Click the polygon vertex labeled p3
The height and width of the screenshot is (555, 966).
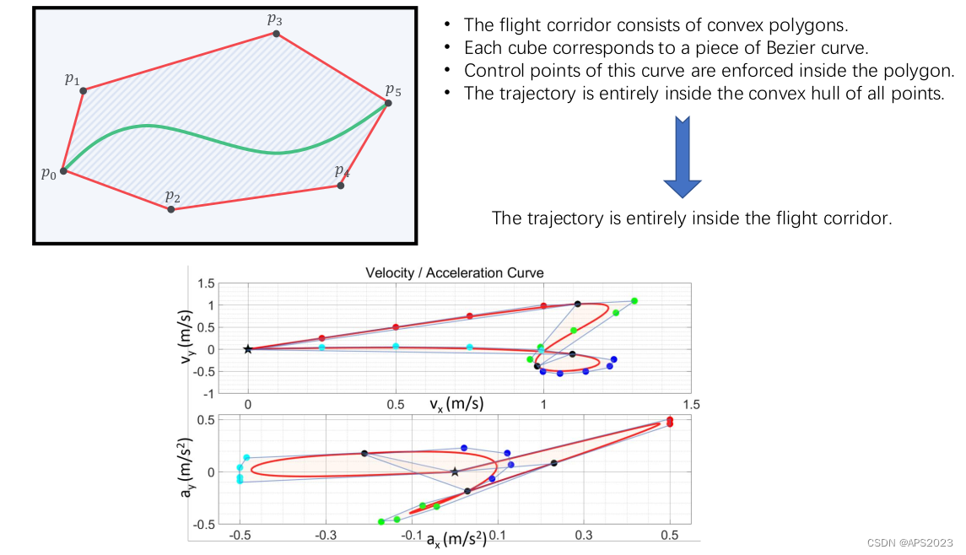277,34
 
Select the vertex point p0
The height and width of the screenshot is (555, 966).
63,170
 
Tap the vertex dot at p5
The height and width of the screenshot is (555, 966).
388,103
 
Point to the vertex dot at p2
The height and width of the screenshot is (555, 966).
171,208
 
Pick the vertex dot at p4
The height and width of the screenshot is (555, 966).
341,185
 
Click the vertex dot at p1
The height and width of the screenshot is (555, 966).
83,90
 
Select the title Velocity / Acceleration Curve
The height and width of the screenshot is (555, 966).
454,272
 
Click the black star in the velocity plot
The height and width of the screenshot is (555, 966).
248,349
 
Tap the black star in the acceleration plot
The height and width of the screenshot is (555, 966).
455,471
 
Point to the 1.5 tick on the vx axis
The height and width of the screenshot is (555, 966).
691,405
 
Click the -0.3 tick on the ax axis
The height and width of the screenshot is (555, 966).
326,535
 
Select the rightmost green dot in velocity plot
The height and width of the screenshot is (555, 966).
634,301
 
